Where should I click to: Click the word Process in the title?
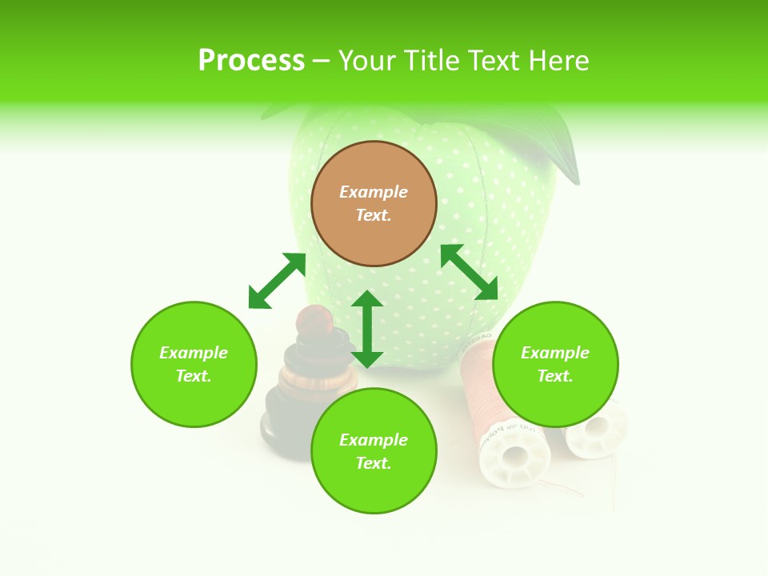click(x=251, y=61)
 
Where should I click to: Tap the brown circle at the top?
click(x=374, y=204)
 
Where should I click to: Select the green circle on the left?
click(x=194, y=364)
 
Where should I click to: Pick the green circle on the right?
click(x=555, y=364)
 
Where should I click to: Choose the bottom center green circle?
click(x=374, y=451)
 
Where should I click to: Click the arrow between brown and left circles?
click(x=277, y=281)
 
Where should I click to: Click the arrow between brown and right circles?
click(x=469, y=272)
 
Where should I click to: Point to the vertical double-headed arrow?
click(x=367, y=329)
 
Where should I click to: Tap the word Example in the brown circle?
click(x=374, y=192)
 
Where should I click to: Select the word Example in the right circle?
click(x=555, y=353)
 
